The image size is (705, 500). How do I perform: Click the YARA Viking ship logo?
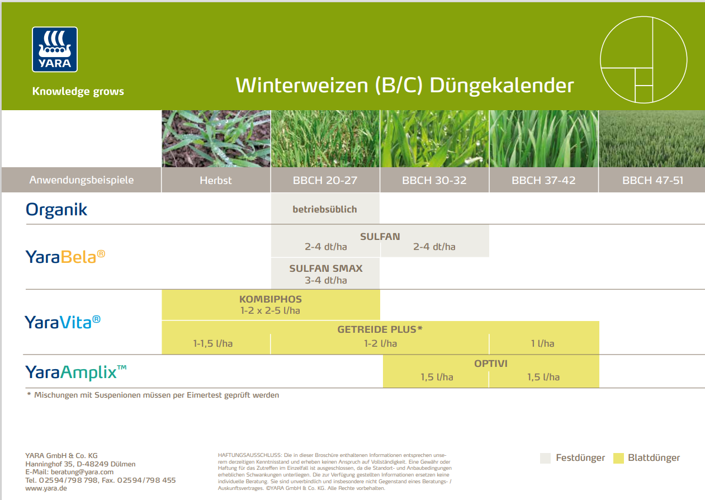click(x=54, y=49)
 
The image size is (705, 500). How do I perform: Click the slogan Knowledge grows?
click(x=78, y=92)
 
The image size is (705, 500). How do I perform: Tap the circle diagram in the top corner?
click(x=643, y=59)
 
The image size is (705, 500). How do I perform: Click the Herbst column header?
click(x=216, y=181)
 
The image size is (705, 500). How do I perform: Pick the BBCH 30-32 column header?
click(x=434, y=181)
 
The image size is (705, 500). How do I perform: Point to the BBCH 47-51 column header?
click(x=652, y=181)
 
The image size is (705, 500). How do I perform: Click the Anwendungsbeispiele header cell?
click(x=82, y=181)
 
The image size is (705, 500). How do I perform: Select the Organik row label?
click(x=56, y=210)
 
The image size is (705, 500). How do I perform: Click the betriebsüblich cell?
click(x=324, y=209)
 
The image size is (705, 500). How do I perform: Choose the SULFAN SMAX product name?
click(x=325, y=268)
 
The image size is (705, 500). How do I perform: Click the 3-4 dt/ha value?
click(x=325, y=281)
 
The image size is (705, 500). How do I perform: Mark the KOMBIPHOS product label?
click(x=270, y=299)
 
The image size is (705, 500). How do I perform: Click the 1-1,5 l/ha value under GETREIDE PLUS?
click(x=212, y=343)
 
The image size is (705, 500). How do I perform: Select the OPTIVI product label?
click(x=490, y=364)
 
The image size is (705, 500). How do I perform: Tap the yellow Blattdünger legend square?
click(x=618, y=458)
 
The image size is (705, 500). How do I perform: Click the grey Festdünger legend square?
click(x=546, y=458)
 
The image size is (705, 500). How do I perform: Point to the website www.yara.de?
click(x=46, y=488)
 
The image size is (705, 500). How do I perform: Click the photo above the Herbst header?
click(x=216, y=139)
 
